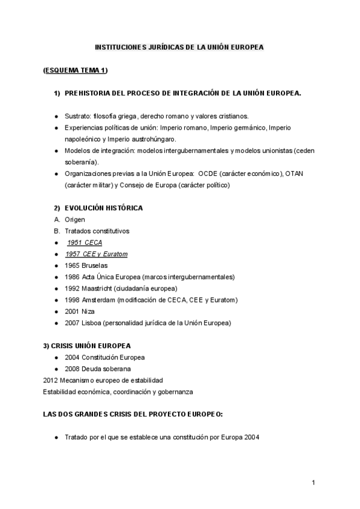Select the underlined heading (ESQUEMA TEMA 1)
tap(76, 70)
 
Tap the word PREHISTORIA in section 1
tap(89, 93)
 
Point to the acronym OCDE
tap(209, 173)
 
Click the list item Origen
tap(75, 219)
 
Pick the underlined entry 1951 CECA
tap(85, 242)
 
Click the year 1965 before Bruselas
tap(73, 265)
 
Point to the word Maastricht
tap(97, 288)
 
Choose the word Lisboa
tap(91, 322)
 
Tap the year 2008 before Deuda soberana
tap(73, 369)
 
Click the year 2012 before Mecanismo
tap(51, 380)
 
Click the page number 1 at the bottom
tap(313, 483)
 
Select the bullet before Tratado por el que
tap(56, 438)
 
